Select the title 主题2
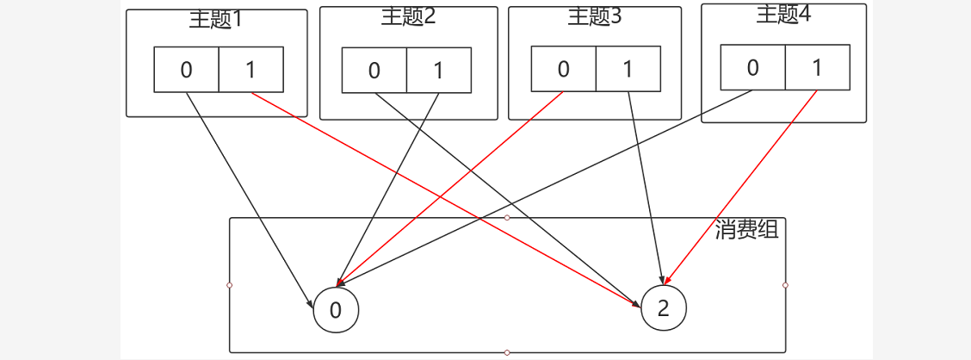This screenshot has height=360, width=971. tap(408, 16)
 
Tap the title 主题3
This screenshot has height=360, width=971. tap(595, 16)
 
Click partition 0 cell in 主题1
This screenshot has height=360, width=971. tap(186, 70)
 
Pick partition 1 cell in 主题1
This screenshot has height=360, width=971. tap(250, 70)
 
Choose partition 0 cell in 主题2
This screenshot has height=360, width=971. tap(374, 70)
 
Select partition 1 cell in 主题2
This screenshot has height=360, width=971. tap(438, 70)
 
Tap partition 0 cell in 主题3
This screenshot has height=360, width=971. tap(563, 68)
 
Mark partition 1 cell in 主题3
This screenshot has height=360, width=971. tap(628, 68)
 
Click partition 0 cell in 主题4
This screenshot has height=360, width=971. tap(752, 67)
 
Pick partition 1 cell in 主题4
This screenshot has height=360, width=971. tap(817, 67)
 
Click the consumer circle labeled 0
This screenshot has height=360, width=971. tap(336, 310)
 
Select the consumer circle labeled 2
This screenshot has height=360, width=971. tap(663, 308)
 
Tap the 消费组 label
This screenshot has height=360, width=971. tap(746, 229)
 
